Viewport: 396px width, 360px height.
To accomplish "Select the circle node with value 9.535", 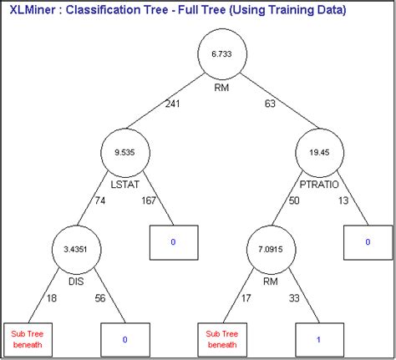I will pos(123,153).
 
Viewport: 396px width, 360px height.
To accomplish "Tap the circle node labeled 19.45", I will pos(317,153).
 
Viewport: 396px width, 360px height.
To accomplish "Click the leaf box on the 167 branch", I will pos(174,241).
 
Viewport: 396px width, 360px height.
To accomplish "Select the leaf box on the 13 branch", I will pos(367,241).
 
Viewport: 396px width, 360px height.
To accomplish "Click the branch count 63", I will pos(268,104).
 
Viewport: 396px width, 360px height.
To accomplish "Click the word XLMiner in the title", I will pos(33,11).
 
